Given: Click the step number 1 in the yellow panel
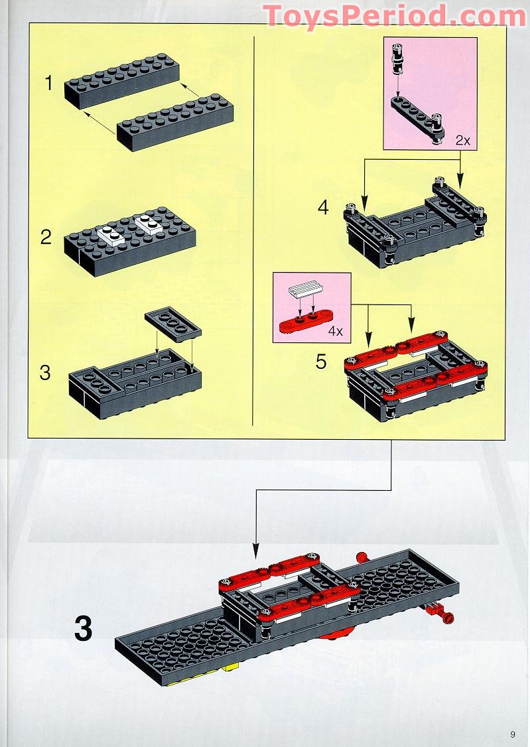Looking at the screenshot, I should [x=48, y=84].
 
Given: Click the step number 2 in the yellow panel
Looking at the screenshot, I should [x=46, y=237].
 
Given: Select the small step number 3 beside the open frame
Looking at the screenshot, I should [x=45, y=372].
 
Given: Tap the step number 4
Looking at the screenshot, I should [x=323, y=208].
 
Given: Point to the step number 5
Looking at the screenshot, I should [x=322, y=362].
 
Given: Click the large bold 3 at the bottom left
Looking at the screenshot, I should [x=83, y=629].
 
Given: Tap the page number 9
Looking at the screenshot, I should [x=513, y=734].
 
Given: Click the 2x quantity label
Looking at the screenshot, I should [x=462, y=141].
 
